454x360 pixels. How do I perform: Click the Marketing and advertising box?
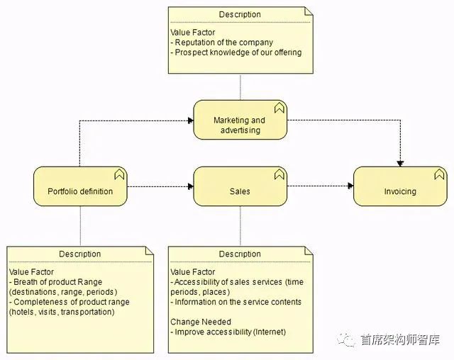[240, 125]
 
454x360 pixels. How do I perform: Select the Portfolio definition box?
[80, 191]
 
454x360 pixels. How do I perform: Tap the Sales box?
[240, 191]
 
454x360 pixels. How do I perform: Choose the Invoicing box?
[400, 191]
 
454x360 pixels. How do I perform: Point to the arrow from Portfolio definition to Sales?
[160, 186]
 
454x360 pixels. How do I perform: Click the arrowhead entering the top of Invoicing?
[400, 163]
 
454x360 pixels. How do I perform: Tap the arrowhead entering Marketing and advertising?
[190, 120]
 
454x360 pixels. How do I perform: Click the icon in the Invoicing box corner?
[439, 174]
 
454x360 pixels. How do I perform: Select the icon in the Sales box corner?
[279, 174]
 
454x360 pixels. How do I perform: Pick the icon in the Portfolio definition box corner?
[119, 174]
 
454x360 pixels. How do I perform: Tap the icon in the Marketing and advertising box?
[279, 108]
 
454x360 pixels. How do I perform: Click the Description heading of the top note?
[240, 15]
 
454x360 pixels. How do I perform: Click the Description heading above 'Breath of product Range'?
[79, 254]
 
